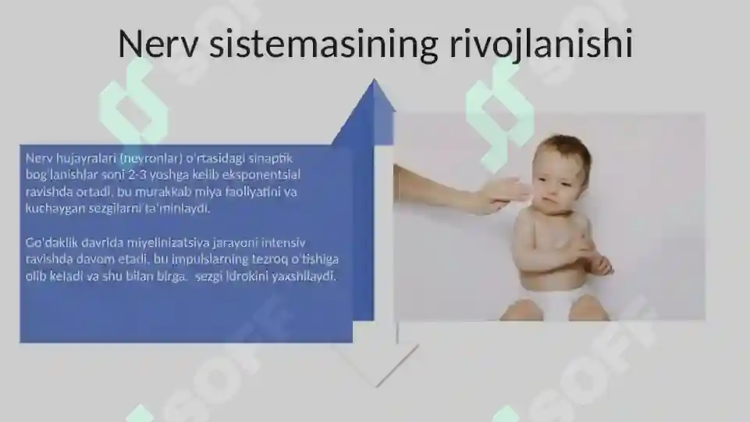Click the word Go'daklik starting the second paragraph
coord(51,242)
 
